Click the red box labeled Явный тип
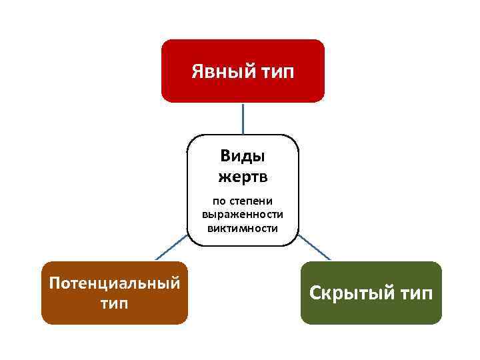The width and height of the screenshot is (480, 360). [x=243, y=71]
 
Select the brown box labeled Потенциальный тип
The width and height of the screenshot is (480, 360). [x=115, y=293]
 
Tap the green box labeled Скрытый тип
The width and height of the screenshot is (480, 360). [x=371, y=293]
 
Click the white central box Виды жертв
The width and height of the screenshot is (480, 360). [x=243, y=190]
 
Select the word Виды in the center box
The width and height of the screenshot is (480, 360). [x=243, y=157]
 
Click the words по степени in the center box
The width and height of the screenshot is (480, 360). [x=243, y=201]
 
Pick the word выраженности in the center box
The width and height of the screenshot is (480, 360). [x=243, y=214]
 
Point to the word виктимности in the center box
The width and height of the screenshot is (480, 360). [x=243, y=227]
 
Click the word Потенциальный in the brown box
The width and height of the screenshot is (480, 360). [x=115, y=283]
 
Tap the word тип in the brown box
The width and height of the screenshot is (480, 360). [x=115, y=303]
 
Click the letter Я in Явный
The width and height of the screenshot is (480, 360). [x=198, y=71]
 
